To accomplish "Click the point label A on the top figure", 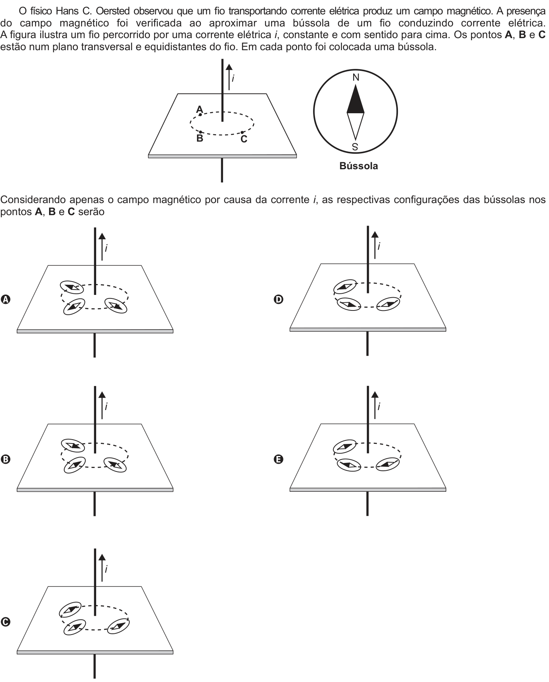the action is (199, 109).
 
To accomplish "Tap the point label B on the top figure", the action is (200, 138).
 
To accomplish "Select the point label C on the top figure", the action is (244, 139).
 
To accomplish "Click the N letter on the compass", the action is (356, 78).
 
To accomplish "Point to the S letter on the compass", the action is (355, 147).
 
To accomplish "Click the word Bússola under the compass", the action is (359, 166).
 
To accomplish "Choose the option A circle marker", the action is (5, 300).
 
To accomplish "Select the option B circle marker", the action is (5, 459).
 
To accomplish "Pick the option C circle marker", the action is (5, 622).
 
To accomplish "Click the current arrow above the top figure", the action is (229, 77).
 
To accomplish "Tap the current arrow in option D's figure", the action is (375, 245).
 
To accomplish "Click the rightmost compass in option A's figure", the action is (116, 305).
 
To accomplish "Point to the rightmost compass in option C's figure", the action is (118, 626).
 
